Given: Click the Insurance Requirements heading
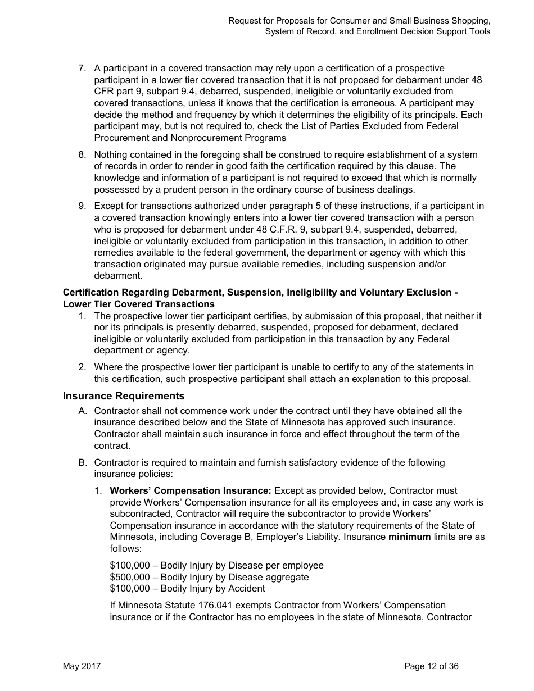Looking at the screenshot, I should click(x=124, y=396).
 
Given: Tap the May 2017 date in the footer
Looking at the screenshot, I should click(x=82, y=666).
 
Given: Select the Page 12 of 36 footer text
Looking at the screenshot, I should click(x=431, y=666).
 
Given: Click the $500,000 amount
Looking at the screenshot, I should click(x=130, y=577).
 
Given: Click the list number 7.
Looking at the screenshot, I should click(x=82, y=69).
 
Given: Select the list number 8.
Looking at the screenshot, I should click(x=82, y=154).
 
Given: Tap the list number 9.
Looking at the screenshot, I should click(x=82, y=206).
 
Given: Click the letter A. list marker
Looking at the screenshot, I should click(x=83, y=411).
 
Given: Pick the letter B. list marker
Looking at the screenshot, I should click(x=83, y=463).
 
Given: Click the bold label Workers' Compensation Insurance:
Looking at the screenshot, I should click(x=191, y=491).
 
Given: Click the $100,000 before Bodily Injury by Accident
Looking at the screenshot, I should click(x=130, y=589).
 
